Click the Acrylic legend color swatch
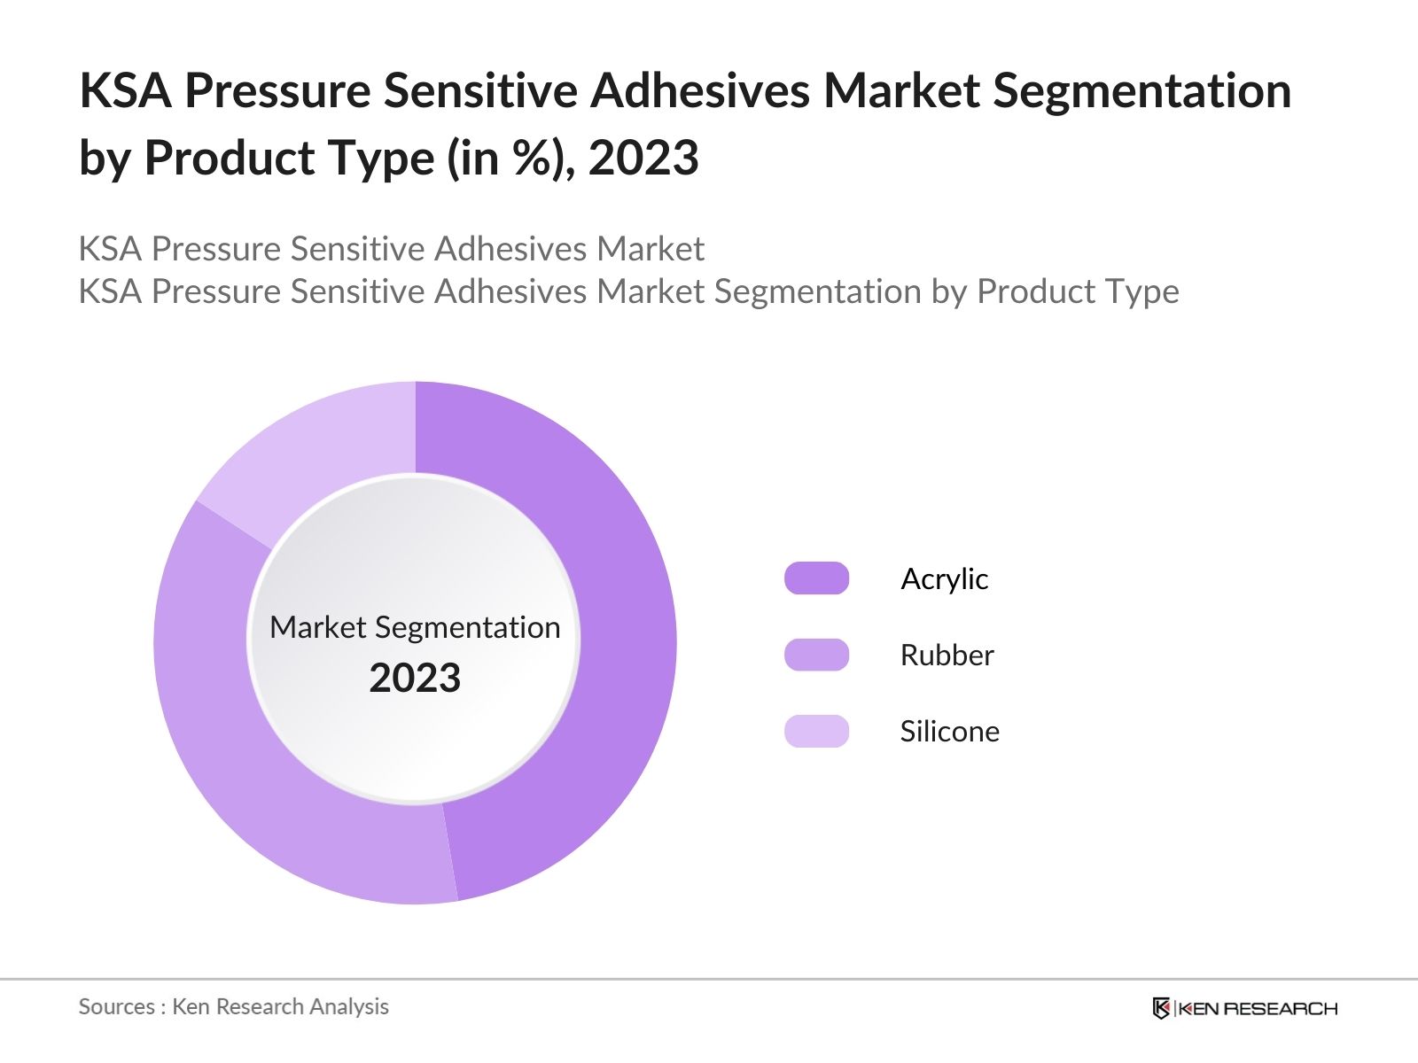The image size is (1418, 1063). pos(816,578)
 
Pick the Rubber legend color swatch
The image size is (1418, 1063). pos(816,655)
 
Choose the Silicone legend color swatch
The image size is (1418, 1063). pos(816,731)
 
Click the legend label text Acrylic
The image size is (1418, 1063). pos(944,578)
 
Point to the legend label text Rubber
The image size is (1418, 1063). pos(947,655)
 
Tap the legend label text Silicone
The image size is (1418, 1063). pos(949,731)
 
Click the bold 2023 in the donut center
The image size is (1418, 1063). pos(415,679)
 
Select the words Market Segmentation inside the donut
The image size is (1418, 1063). pos(415,627)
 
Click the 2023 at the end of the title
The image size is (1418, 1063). pos(643,159)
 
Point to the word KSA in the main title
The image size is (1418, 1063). pos(125,90)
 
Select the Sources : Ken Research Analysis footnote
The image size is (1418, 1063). pos(234,1006)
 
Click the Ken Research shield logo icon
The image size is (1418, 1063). pos(1161,1008)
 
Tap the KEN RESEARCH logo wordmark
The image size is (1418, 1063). pos(1257,1008)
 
